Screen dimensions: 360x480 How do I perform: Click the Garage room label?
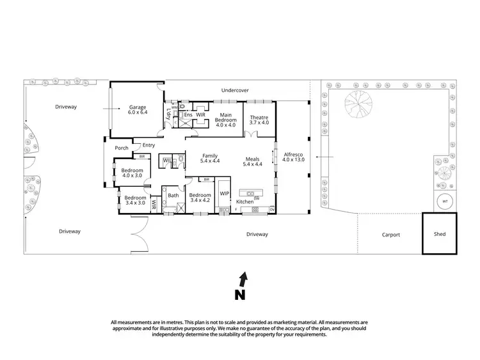138,110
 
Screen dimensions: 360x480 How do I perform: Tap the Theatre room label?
259,120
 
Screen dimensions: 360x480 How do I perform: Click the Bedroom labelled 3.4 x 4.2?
200,198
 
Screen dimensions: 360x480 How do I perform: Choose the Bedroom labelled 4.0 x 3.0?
132,173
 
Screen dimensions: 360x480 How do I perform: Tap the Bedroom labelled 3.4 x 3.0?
135,200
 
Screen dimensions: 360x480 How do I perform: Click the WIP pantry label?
224,192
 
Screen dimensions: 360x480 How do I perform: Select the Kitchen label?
245,202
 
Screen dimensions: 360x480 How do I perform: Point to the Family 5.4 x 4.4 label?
211,159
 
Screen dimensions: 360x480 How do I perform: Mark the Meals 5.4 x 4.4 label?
252,162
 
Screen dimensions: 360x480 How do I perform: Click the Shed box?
440,234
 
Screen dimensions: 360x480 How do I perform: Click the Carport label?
391,235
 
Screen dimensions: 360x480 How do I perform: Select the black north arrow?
242,279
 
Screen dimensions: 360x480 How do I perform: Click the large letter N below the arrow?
240,295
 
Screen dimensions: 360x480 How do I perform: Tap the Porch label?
122,148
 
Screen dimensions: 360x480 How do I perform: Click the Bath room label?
173,196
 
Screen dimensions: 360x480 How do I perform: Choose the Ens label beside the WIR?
188,115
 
